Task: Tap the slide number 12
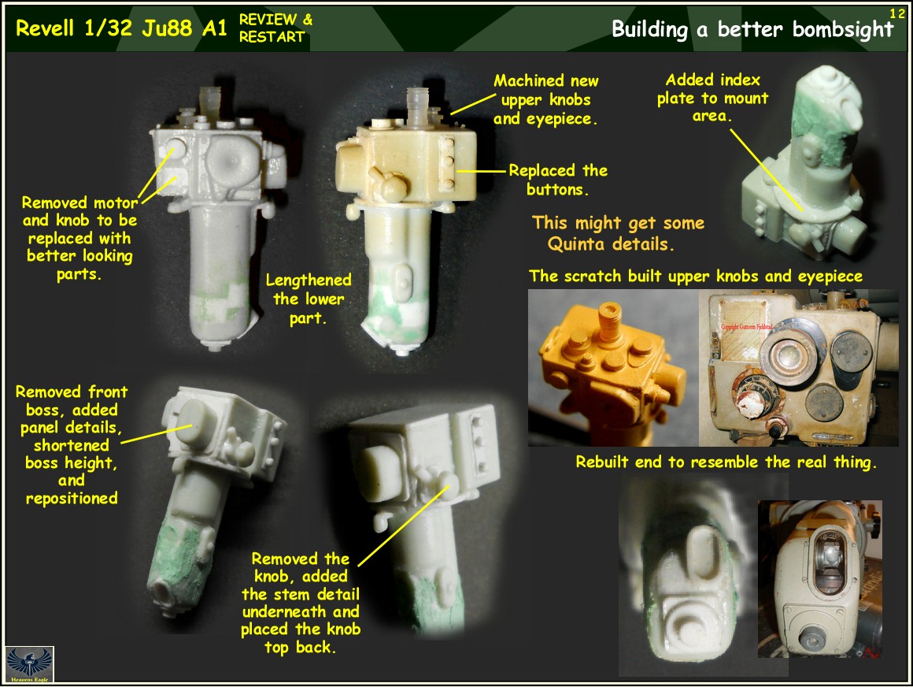click(897, 13)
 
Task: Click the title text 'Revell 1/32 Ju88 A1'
click(121, 29)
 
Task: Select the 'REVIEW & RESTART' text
click(275, 28)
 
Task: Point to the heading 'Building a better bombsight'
click(752, 30)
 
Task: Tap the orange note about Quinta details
click(618, 233)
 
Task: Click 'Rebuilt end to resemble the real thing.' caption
click(726, 462)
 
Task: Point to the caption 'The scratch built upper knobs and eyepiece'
click(696, 277)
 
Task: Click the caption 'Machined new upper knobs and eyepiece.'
click(545, 100)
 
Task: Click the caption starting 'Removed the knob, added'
click(300, 603)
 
